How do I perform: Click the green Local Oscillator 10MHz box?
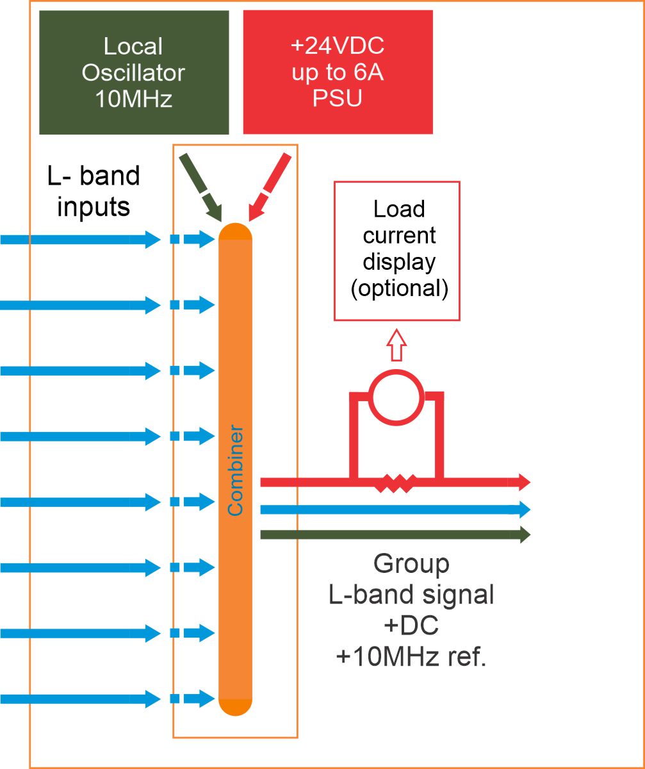(134, 72)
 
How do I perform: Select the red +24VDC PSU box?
(338, 72)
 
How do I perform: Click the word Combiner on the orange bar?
(236, 469)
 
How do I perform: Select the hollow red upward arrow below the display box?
(396, 345)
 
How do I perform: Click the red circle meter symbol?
(396, 397)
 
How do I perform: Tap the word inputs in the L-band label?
(94, 206)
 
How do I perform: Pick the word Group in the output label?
(411, 564)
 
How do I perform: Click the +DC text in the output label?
(411, 626)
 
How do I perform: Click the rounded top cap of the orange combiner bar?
(236, 231)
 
